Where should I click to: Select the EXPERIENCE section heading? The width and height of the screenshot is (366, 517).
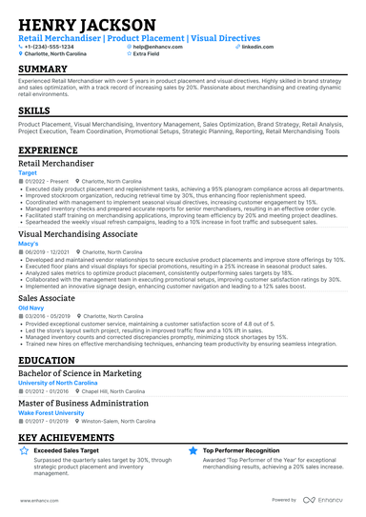click(x=49, y=150)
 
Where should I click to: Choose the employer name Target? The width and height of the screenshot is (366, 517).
click(x=28, y=173)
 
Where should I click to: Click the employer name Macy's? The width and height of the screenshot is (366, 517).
click(x=29, y=242)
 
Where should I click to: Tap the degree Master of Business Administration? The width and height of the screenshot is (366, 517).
click(x=84, y=404)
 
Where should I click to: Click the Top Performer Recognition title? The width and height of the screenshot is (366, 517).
click(x=244, y=450)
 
